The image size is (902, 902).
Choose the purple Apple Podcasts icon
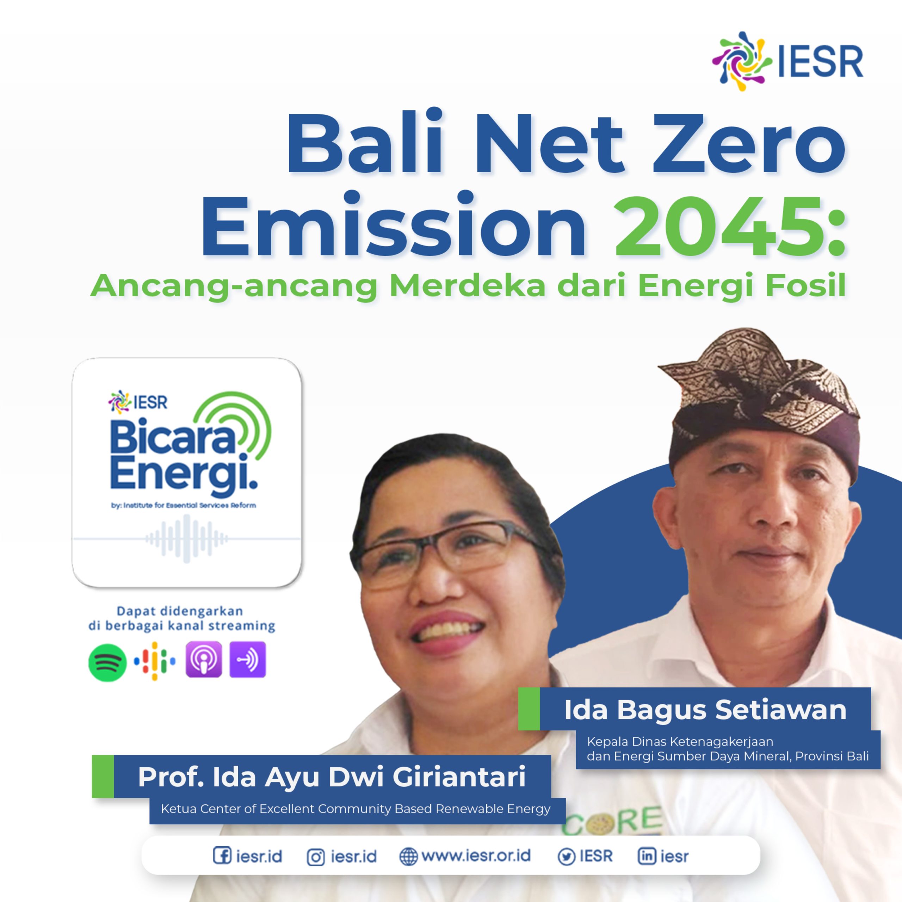pos(204,659)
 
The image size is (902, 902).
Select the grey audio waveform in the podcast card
pos(187,538)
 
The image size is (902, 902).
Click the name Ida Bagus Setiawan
pos(705,710)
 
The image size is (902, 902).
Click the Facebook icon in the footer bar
pos(221,855)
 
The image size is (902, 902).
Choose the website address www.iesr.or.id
pos(476,855)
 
